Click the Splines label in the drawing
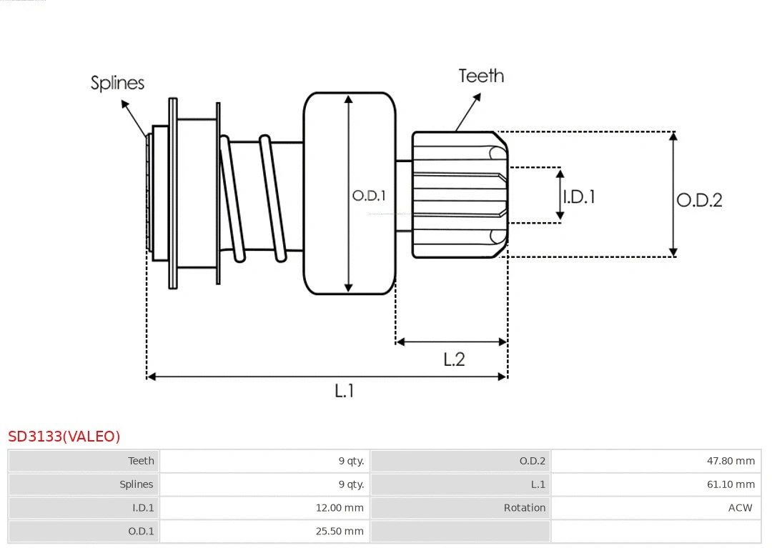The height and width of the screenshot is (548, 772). pos(117,83)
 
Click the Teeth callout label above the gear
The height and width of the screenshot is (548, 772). pos(481,76)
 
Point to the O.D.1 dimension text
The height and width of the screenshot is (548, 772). pos(369,195)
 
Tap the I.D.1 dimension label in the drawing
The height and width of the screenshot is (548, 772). pos(578,196)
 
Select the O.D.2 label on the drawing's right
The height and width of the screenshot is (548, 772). pos(699,200)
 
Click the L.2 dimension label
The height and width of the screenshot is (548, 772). pos(454,359)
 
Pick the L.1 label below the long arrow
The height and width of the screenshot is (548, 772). pos(345,390)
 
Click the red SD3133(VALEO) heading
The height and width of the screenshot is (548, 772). pos(64,436)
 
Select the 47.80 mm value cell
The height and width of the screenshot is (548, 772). pos(731,461)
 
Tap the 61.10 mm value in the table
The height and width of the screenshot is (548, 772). pos(731,484)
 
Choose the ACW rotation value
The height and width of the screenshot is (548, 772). pos(740,508)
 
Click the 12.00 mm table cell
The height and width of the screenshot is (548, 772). pos(340,508)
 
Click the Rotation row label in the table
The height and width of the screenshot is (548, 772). pos(524,508)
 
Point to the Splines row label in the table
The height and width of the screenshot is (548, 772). pos(136,484)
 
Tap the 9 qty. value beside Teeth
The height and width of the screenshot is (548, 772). pos(351,461)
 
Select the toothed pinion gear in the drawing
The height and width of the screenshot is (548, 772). pos(457,194)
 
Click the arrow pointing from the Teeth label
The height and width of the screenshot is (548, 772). pos(468,111)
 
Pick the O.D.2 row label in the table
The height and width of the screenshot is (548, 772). pos(532,461)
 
